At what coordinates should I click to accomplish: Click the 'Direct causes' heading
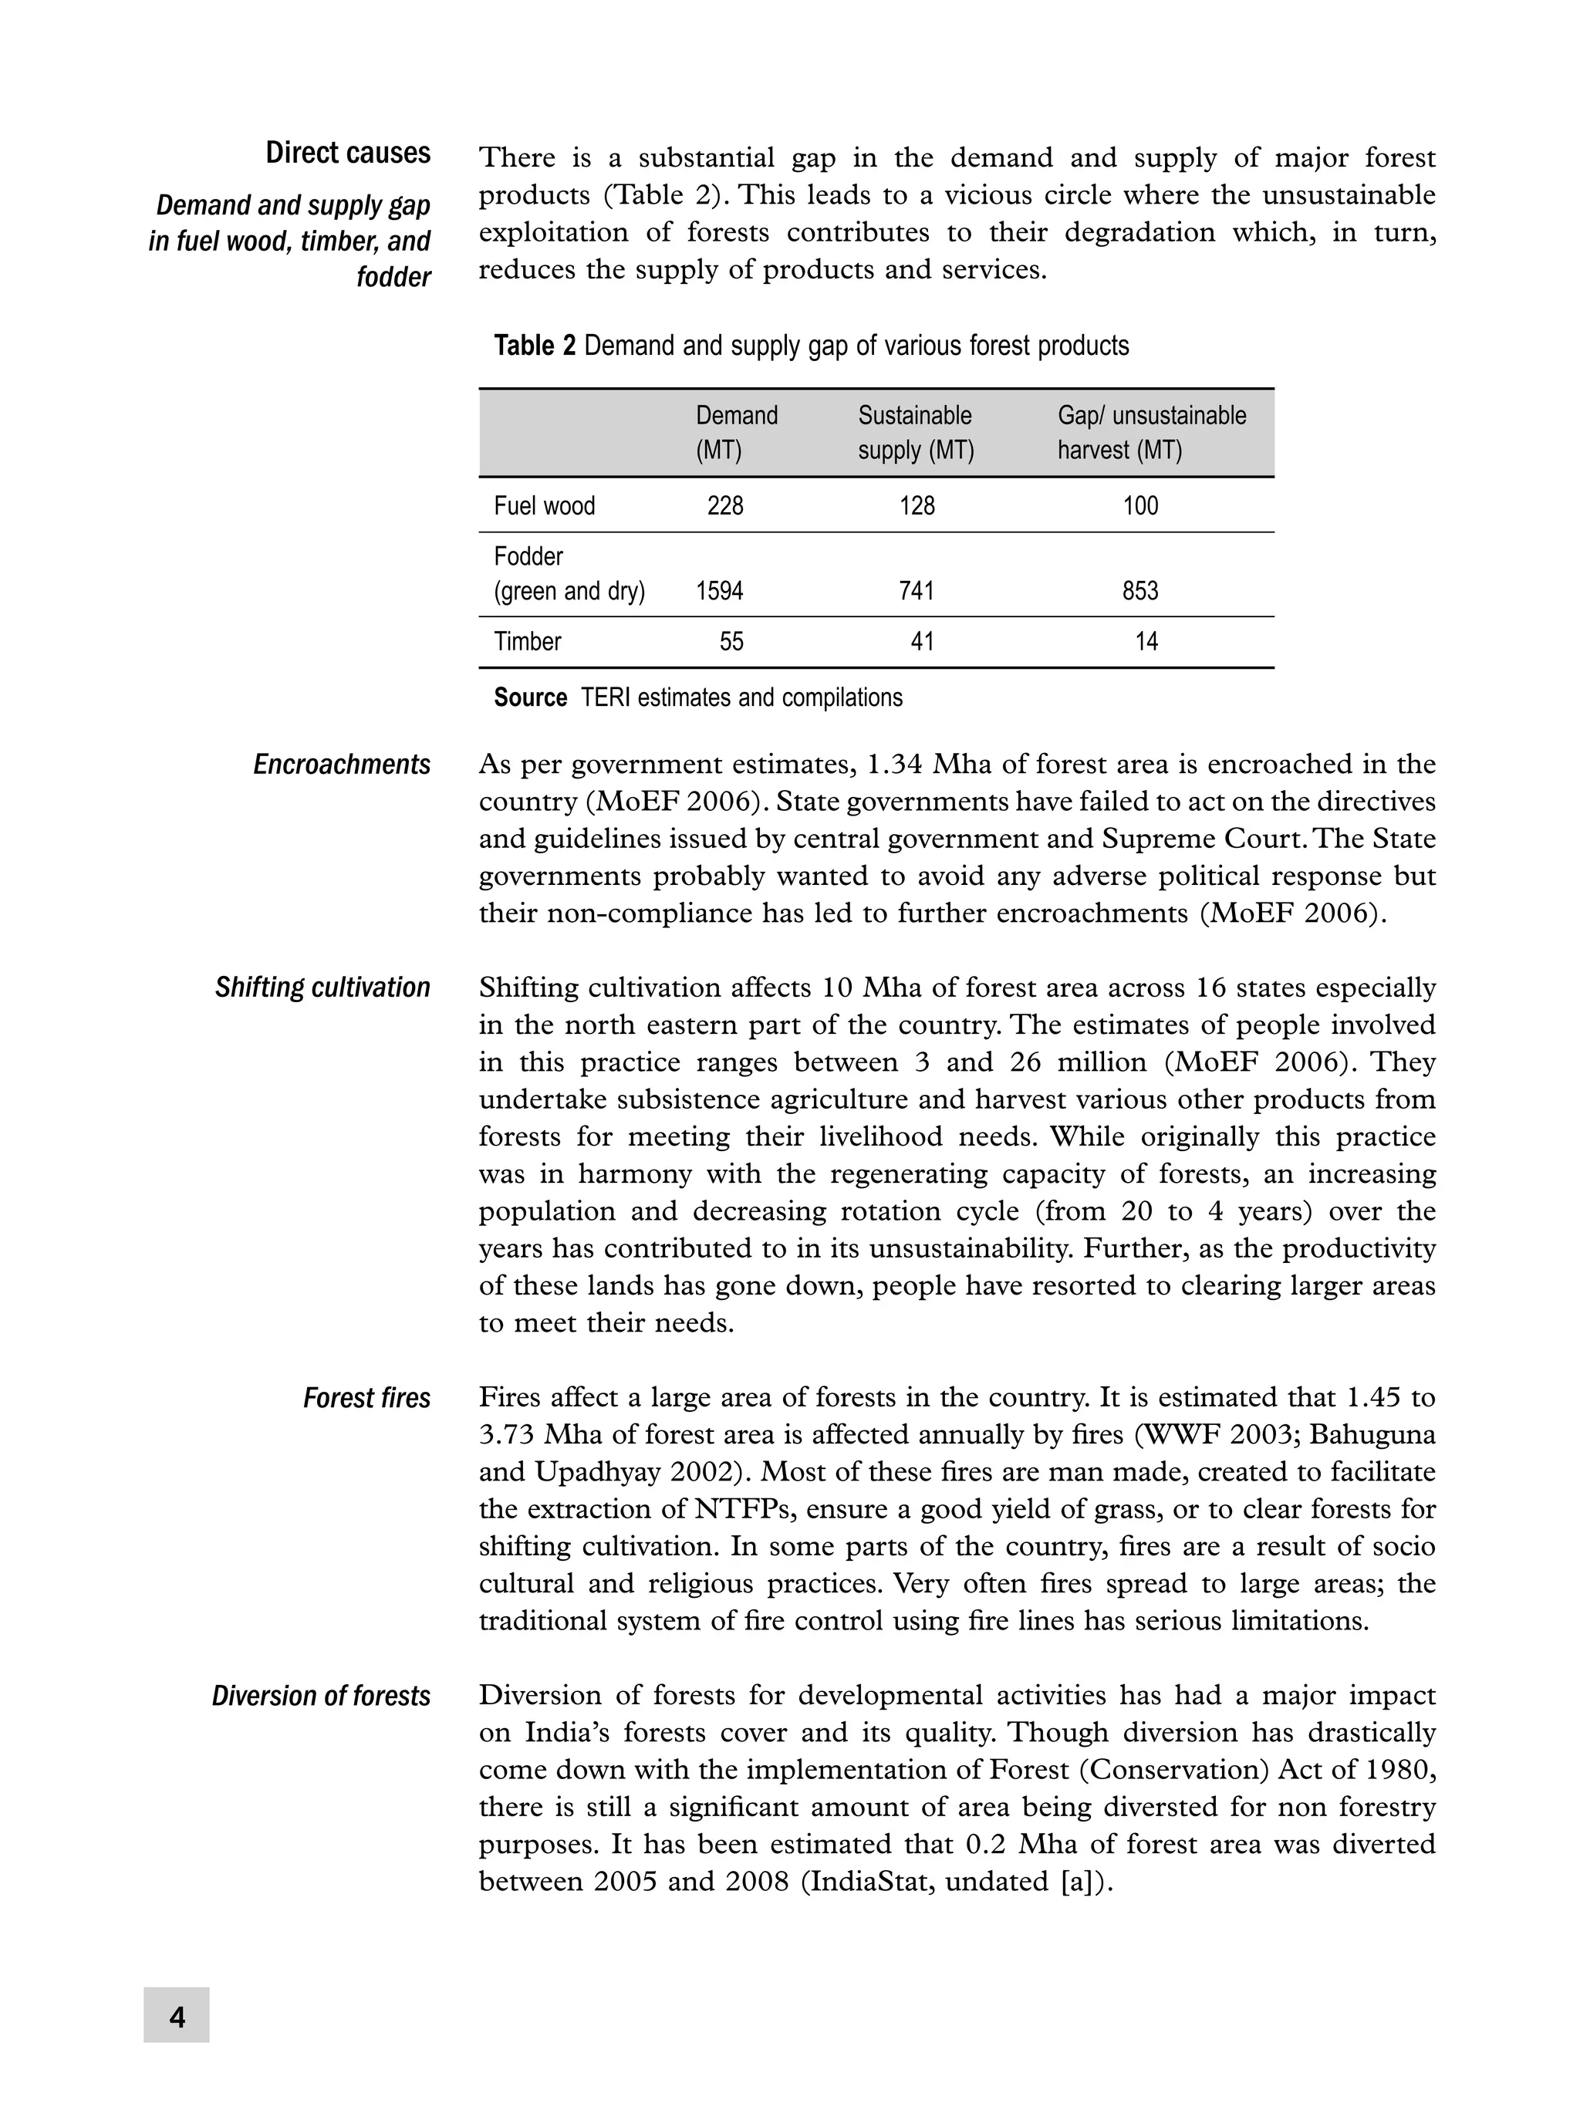coord(348,154)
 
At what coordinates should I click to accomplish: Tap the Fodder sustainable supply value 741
coord(917,592)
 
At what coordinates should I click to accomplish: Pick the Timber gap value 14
coord(1146,642)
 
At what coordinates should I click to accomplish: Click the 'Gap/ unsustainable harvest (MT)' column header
coord(1150,433)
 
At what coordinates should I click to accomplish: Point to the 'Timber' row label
coord(528,642)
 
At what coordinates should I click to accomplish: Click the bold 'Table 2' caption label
coord(535,346)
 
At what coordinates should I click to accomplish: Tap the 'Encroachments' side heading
coord(341,765)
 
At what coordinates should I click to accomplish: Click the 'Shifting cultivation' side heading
coord(322,988)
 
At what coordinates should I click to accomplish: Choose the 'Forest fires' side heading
coord(366,1398)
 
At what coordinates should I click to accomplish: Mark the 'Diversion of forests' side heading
coord(321,1697)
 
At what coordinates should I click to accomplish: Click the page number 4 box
coord(176,2015)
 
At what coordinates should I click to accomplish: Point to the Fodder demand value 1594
coord(719,592)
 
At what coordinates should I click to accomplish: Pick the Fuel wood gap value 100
coord(1140,506)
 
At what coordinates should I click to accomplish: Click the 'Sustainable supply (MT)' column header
coord(915,433)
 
